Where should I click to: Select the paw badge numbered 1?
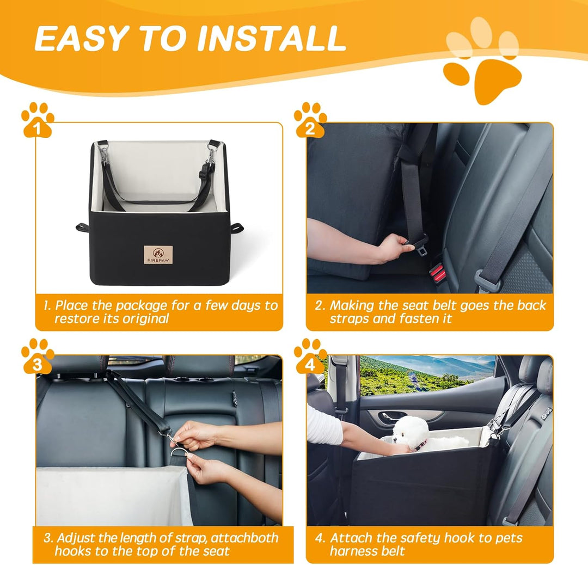(37, 120)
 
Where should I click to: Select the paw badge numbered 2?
(310, 120)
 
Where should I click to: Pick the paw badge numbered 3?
(37, 357)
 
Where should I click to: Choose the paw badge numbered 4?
(310, 357)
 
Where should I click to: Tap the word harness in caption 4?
(358, 551)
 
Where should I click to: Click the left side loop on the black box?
(82, 227)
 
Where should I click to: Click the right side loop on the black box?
(236, 228)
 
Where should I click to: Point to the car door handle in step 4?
(392, 416)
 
